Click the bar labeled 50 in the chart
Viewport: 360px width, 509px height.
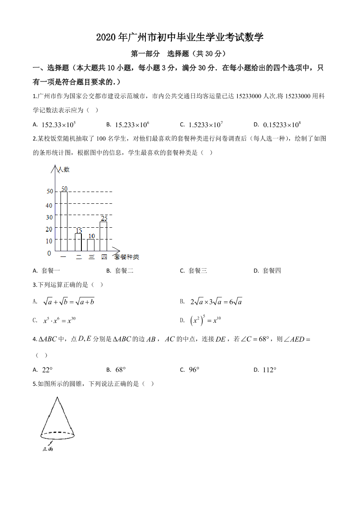pos(64,221)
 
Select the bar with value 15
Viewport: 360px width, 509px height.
pos(78,242)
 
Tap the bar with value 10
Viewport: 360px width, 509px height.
pos(91,245)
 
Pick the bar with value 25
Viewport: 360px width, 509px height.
pos(104,236)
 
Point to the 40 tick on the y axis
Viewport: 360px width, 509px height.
pos(49,206)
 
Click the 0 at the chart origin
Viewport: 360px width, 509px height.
pos(49,253)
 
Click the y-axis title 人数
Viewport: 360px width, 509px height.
pos(64,169)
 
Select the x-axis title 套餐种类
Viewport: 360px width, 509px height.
pos(127,257)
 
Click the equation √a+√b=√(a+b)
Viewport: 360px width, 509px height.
pos(69,301)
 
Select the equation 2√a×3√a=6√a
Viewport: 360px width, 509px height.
pos(216,301)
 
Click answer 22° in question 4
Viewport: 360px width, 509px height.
pos(47,370)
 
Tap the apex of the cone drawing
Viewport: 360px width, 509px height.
pos(57,398)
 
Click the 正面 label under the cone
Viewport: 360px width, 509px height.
pos(47,449)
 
